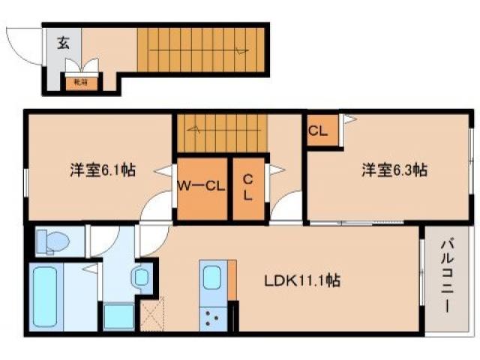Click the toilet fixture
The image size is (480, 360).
[52, 241]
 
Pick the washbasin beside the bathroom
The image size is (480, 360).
[140, 277]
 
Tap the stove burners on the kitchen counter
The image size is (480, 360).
[209, 319]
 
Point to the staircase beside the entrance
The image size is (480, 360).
[200, 49]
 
